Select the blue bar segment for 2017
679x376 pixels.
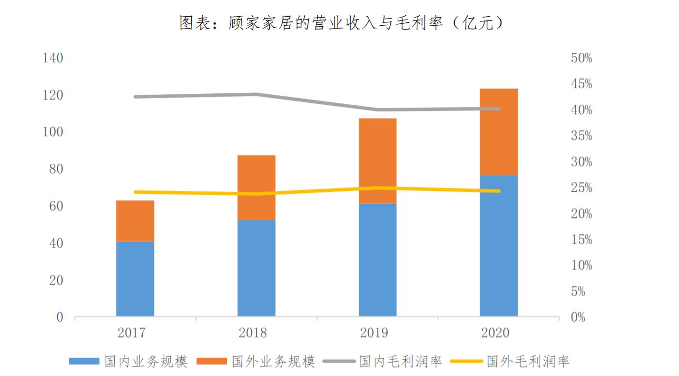[135, 279]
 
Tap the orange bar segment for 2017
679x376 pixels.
[135, 221]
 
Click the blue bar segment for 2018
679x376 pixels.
[256, 268]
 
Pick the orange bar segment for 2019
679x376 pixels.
[377, 161]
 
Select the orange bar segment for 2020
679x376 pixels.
[499, 132]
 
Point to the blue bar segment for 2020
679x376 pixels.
[499, 246]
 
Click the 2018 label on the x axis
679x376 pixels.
[253, 333]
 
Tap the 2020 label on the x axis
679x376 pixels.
[495, 333]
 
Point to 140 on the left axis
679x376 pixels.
[53, 59]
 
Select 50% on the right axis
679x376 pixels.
[581, 59]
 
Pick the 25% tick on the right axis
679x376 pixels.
[581, 188]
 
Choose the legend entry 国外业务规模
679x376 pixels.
[273, 361]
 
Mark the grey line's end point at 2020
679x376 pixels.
[498, 109]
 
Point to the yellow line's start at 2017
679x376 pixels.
[136, 192]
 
